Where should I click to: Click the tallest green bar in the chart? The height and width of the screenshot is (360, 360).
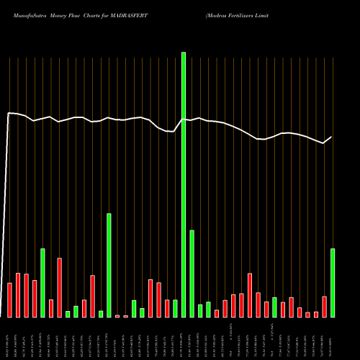[x=184, y=184]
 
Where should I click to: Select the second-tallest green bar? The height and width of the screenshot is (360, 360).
[x=109, y=265]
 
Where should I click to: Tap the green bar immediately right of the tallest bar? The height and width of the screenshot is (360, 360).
[x=192, y=274]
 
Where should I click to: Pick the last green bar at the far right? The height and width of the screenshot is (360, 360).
[x=333, y=283]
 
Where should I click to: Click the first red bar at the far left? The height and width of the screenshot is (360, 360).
[x=9, y=300]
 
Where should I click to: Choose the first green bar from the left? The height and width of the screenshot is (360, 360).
[x=42, y=283]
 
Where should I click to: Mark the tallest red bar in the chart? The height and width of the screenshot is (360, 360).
[x=60, y=288]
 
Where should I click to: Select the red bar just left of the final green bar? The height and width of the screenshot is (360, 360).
[x=325, y=307]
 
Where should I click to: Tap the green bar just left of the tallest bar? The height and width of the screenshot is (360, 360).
[x=175, y=308]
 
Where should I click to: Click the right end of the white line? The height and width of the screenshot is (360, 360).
[x=332, y=137]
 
